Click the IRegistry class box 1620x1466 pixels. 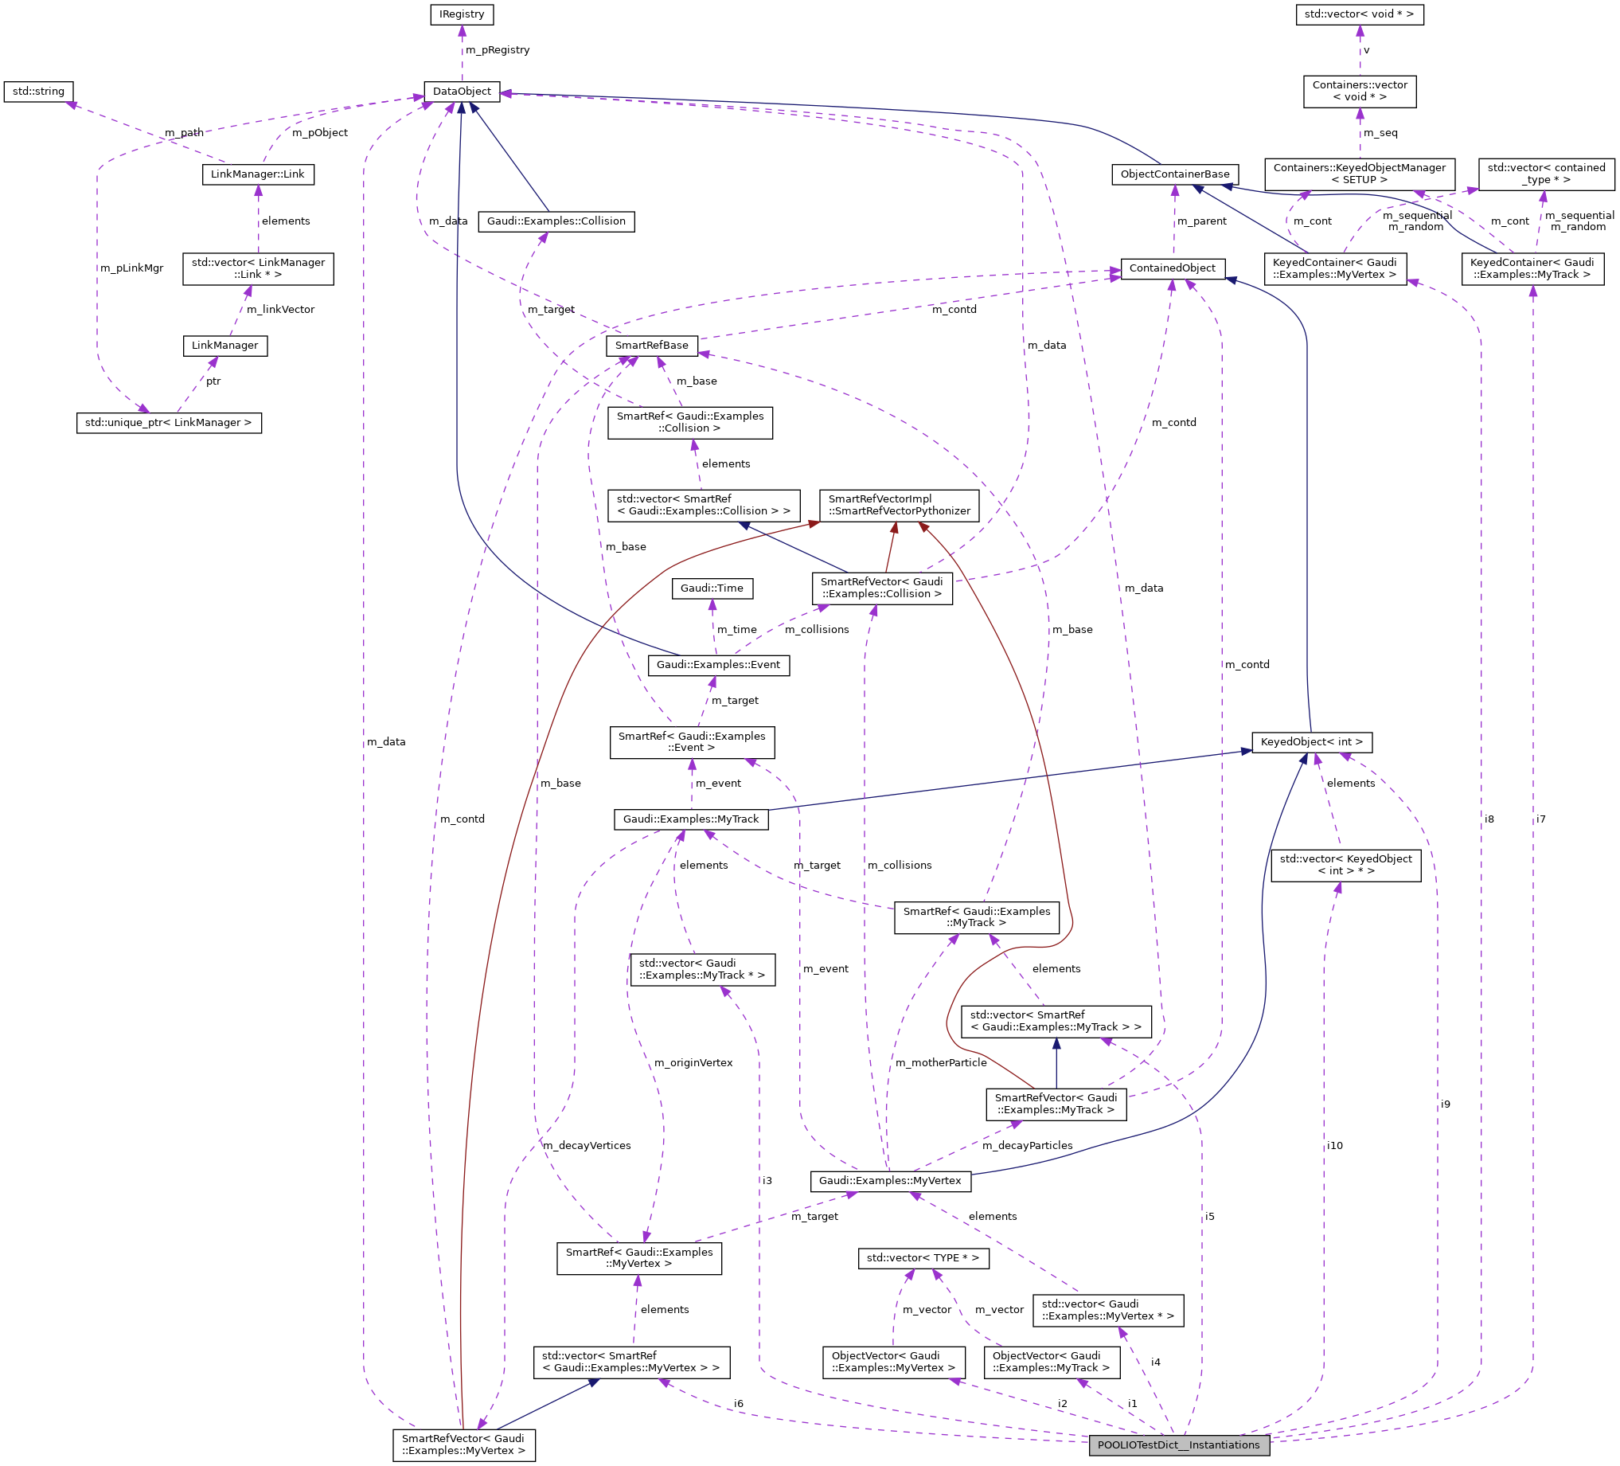[461, 14]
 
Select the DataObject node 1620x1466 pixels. [461, 92]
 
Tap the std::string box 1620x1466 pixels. [38, 92]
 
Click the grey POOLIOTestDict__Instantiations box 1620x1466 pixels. [1178, 1445]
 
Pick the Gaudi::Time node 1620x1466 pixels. [712, 588]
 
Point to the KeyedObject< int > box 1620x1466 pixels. [1311, 742]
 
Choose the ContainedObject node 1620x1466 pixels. [1173, 268]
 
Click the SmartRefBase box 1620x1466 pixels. [651, 346]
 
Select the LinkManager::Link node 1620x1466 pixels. [257, 174]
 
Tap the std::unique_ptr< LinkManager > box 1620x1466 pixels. [169, 423]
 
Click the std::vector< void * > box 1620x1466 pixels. [1359, 14]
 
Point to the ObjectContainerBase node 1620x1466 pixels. [1175, 174]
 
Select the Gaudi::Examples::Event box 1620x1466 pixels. [718, 666]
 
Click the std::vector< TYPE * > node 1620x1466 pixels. [923, 1258]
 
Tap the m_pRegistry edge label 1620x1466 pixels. [498, 50]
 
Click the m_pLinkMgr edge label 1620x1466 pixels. [132, 268]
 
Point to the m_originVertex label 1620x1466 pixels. [693, 1062]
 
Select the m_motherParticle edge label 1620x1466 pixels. [940, 1062]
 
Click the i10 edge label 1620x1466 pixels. [1335, 1145]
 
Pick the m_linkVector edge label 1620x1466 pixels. [280, 310]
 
